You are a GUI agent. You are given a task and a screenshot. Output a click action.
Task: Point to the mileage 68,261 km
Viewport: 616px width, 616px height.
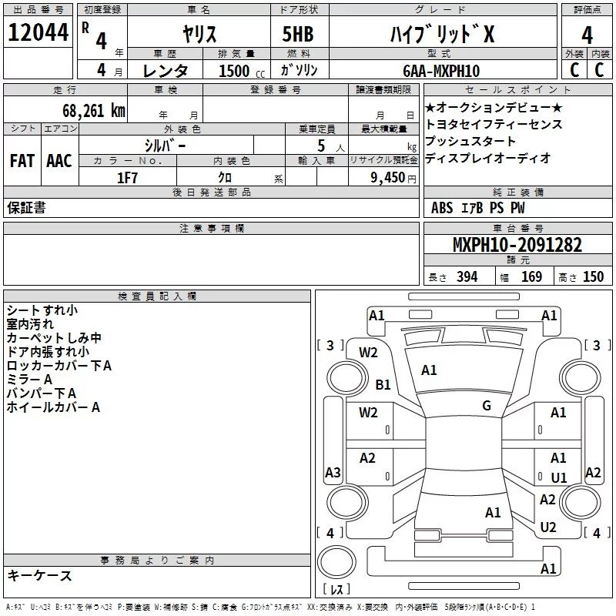coord(88,110)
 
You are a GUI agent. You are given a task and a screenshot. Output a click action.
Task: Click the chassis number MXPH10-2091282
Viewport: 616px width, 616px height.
coord(517,245)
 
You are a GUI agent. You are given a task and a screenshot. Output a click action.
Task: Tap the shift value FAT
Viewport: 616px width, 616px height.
coord(22,160)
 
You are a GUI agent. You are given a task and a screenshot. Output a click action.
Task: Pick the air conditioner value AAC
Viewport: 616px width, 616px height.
coord(59,160)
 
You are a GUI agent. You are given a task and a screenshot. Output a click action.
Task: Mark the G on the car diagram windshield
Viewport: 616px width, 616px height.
coord(486,406)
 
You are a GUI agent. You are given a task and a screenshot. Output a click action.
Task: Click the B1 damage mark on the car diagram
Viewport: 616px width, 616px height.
coord(383,384)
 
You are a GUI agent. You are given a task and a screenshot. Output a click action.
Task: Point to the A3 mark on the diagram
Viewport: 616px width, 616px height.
coord(333,472)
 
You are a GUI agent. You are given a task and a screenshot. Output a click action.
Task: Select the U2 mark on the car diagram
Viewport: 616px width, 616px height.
coord(547,527)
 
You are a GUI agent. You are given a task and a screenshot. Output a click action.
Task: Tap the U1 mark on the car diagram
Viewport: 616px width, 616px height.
coord(558,477)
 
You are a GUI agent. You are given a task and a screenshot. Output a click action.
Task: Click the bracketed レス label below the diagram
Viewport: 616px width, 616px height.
coord(336,590)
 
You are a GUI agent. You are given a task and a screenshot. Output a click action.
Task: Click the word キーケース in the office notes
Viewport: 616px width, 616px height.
coord(39,575)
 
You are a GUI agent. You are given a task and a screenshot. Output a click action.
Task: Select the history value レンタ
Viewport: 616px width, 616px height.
coord(166,71)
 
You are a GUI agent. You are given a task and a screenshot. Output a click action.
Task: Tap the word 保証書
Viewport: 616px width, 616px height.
coord(26,207)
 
